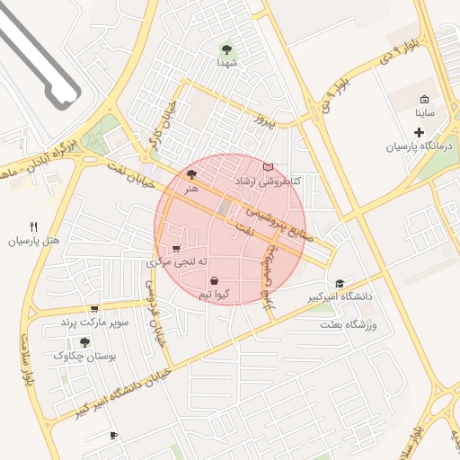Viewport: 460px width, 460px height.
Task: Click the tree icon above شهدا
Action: [x=226, y=49]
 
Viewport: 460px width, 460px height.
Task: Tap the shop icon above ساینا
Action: [x=424, y=100]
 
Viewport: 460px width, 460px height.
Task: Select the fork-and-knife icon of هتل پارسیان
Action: [x=33, y=226]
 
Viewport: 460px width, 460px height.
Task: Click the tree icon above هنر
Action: [x=190, y=174]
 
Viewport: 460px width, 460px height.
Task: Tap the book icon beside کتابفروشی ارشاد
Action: [x=268, y=167]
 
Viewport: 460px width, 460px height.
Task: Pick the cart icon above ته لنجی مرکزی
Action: [x=176, y=249]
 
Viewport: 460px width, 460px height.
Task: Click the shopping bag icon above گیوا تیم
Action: [x=214, y=280]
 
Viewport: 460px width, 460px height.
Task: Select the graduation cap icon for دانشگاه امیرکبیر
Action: [x=339, y=282]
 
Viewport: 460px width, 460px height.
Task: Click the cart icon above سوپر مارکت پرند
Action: [x=94, y=308]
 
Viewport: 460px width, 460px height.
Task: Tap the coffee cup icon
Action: [x=113, y=436]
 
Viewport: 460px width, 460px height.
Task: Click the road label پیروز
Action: [x=262, y=119]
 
